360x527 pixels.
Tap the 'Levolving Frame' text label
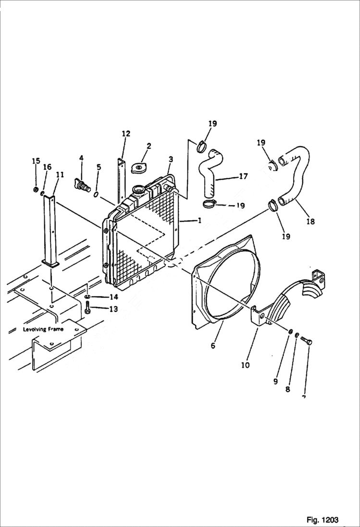(x=43, y=329)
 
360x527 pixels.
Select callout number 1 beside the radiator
(x=198, y=220)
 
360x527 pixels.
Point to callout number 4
(x=81, y=158)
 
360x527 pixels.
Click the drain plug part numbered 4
(x=82, y=185)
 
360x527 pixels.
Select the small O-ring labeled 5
(x=96, y=195)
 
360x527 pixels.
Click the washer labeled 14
(x=88, y=297)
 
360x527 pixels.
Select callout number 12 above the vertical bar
(x=126, y=134)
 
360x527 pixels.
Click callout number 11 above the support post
(x=60, y=175)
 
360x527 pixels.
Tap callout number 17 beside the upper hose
(x=243, y=176)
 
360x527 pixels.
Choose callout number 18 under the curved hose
(x=310, y=221)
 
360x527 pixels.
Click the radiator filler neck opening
(x=138, y=189)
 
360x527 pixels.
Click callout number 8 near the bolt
(x=287, y=389)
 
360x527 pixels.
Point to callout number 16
(x=47, y=167)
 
